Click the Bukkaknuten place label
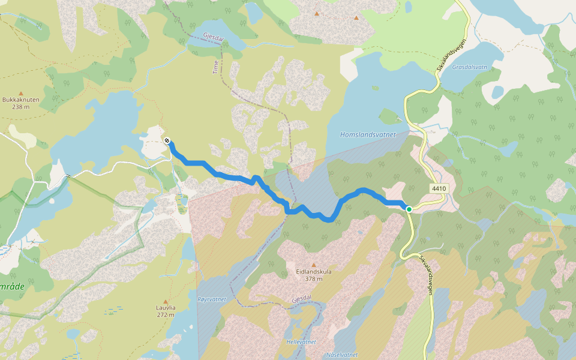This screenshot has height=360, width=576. pyautogui.click(x=20, y=100)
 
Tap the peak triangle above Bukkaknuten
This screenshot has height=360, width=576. pyautogui.click(x=20, y=94)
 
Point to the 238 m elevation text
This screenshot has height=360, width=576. pyautogui.click(x=20, y=107)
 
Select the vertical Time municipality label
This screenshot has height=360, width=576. pyautogui.click(x=216, y=67)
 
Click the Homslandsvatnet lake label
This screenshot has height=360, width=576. pyautogui.click(x=368, y=134)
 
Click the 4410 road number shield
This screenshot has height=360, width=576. pyautogui.click(x=439, y=188)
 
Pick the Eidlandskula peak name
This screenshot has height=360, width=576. pyautogui.click(x=314, y=271)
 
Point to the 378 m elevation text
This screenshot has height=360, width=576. pyautogui.click(x=314, y=278)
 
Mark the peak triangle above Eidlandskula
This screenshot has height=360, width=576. pyautogui.click(x=314, y=264)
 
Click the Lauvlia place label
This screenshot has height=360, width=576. pyautogui.click(x=165, y=308)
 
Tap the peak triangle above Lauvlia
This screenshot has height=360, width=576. pyautogui.click(x=165, y=301)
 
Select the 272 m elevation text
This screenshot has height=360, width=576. pyautogui.click(x=165, y=314)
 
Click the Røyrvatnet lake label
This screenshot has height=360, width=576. pyautogui.click(x=212, y=299)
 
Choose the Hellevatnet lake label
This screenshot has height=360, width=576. pyautogui.click(x=301, y=342)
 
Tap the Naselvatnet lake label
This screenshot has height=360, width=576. pyautogui.click(x=342, y=355)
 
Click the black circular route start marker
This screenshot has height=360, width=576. pyautogui.click(x=167, y=140)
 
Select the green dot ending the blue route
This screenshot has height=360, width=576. pyautogui.click(x=409, y=209)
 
